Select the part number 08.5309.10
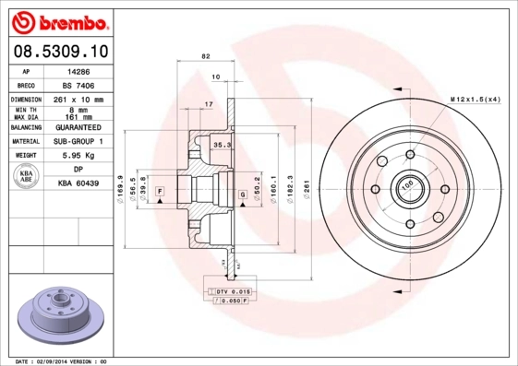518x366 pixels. (x=58, y=50)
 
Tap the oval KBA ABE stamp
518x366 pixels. (x=26, y=177)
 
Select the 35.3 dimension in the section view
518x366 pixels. (x=222, y=145)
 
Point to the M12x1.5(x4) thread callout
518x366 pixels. (x=475, y=99)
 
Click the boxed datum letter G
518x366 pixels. (x=243, y=194)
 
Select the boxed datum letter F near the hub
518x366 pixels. (x=160, y=190)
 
